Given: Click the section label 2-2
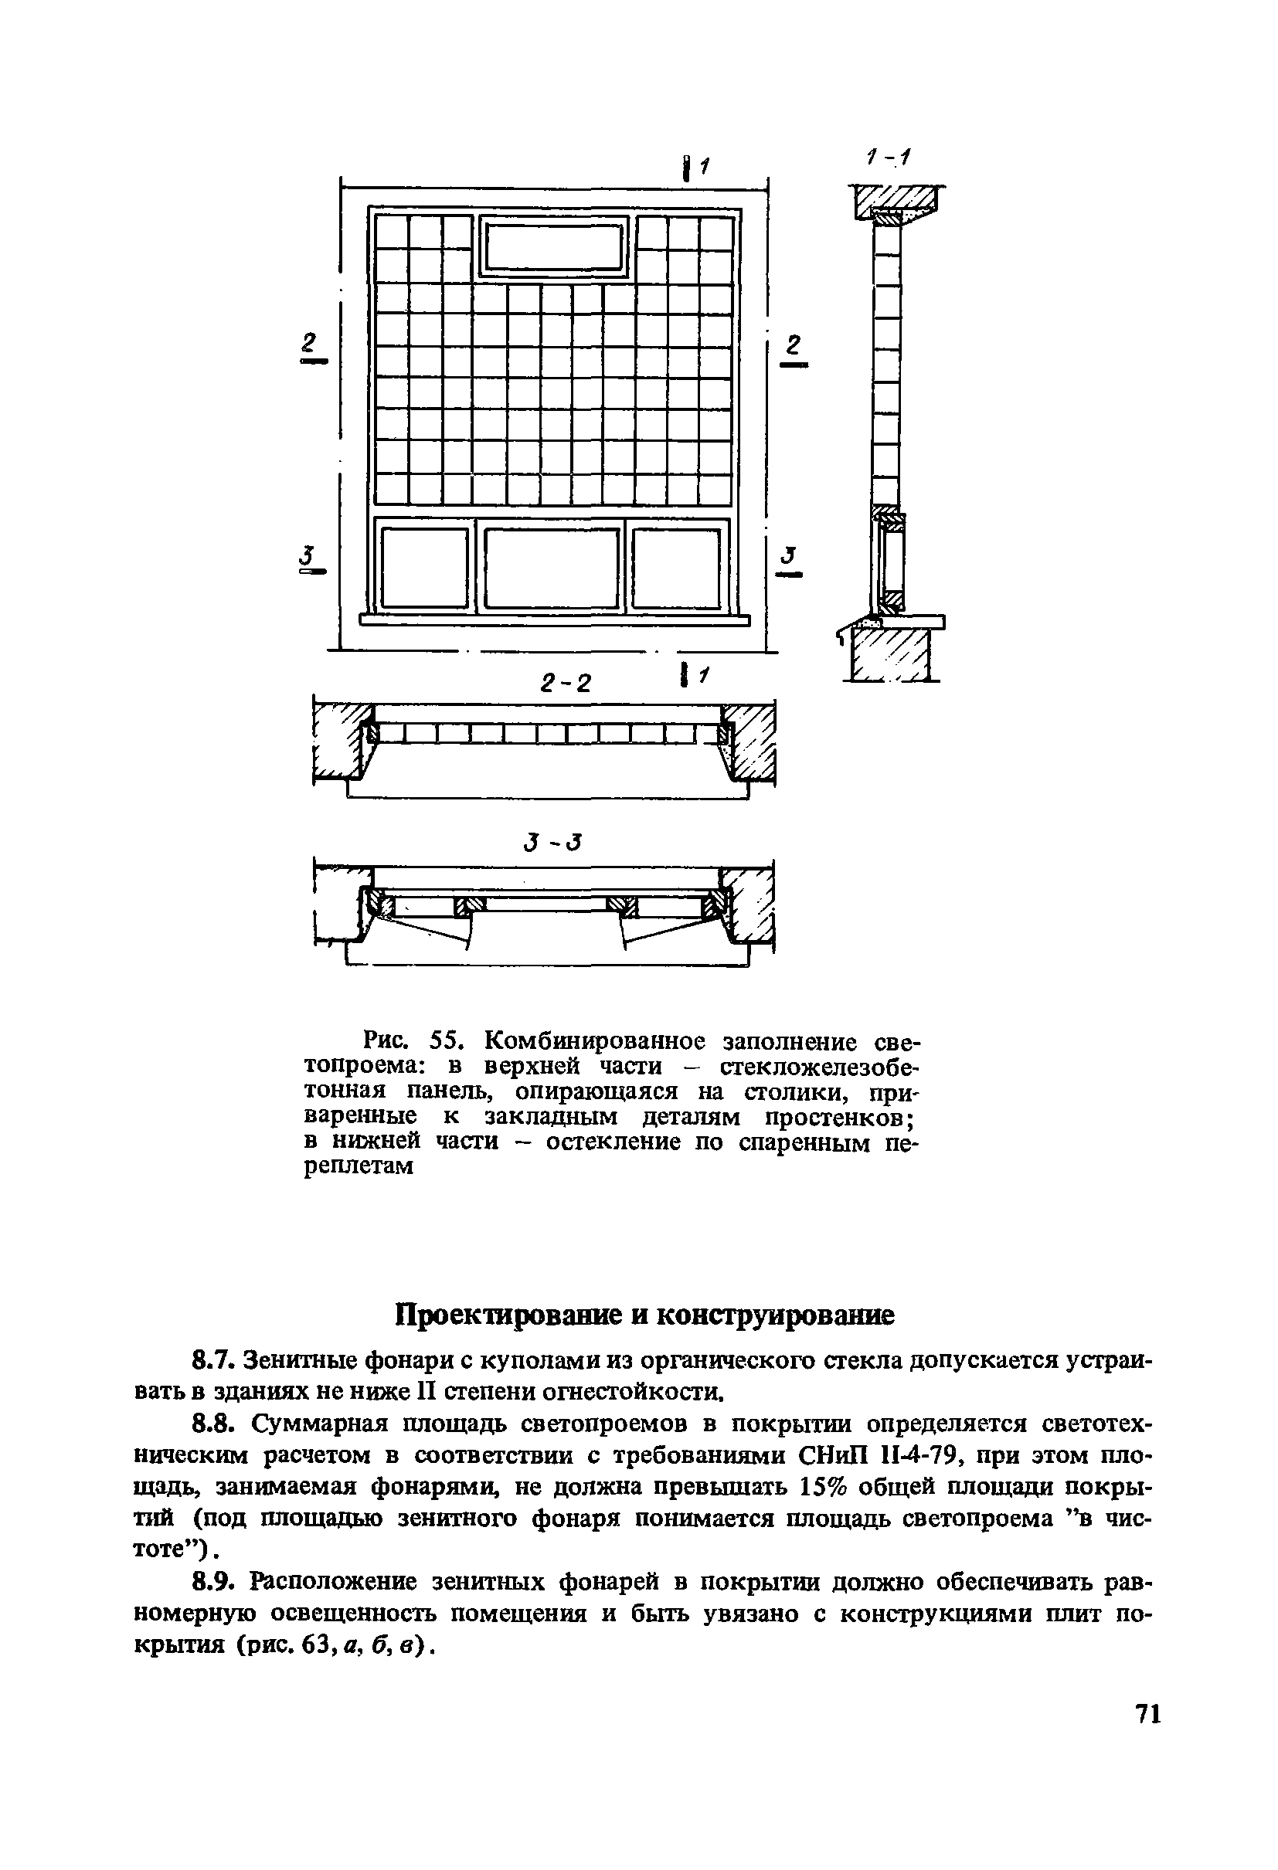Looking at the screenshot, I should (x=566, y=683).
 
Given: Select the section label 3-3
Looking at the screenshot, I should (x=552, y=843).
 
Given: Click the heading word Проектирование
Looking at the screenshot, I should (x=515, y=1315).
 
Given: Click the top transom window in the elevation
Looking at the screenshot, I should (x=556, y=246).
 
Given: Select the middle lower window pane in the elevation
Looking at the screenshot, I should (x=552, y=567).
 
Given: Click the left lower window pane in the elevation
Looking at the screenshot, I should (x=424, y=567).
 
